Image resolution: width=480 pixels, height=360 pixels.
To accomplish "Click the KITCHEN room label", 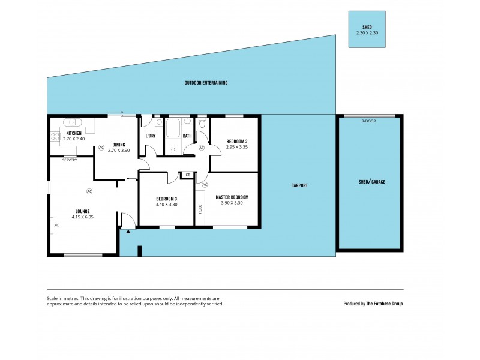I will pyautogui.click(x=74, y=133).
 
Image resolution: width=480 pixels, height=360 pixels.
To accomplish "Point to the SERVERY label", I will pyautogui.click(x=69, y=160).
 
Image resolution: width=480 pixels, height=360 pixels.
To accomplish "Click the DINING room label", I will pyautogui.click(x=119, y=144).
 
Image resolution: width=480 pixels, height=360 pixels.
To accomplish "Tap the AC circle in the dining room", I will pyautogui.click(x=101, y=147).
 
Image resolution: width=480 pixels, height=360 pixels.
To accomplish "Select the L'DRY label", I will pyautogui.click(x=151, y=136).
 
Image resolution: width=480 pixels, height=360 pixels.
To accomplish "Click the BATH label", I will pyautogui.click(x=187, y=136).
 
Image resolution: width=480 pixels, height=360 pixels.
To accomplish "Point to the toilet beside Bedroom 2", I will pyautogui.click(x=202, y=124).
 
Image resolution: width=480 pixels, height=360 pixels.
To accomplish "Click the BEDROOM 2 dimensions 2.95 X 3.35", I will pyautogui.click(x=236, y=147).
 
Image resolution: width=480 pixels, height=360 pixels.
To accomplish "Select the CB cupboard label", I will pyautogui.click(x=188, y=175).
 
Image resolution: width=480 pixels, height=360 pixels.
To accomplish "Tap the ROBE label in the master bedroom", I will pyautogui.click(x=200, y=209).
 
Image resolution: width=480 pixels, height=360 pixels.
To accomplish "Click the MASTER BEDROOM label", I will pyautogui.click(x=232, y=197).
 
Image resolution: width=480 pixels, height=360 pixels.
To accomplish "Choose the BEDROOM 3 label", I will pyautogui.click(x=166, y=199).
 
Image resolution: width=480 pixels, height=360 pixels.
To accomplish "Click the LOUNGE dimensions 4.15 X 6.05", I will pyautogui.click(x=82, y=217).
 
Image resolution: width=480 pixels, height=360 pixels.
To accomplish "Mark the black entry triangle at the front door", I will pyautogui.click(x=128, y=230).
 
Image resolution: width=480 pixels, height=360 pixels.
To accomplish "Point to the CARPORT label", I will pyautogui.click(x=299, y=185).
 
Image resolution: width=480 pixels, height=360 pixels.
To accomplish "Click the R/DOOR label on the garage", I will pyautogui.click(x=367, y=121).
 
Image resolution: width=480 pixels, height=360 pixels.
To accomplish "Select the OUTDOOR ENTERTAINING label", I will pyautogui.click(x=206, y=83).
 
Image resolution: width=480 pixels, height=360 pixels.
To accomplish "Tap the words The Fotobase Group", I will pyautogui.click(x=384, y=304).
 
